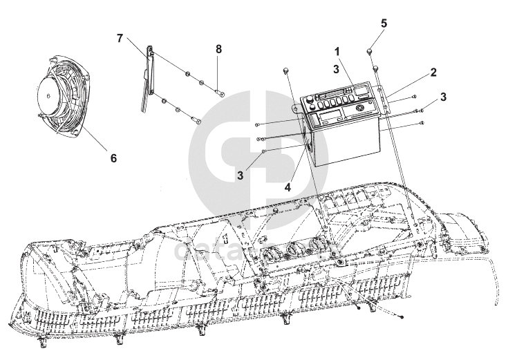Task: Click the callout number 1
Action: tap(337, 51)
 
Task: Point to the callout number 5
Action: tap(384, 23)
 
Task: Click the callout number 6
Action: tap(113, 158)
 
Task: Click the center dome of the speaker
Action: tap(47, 96)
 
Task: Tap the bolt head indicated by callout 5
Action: tap(370, 51)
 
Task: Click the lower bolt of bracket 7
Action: tap(197, 122)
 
